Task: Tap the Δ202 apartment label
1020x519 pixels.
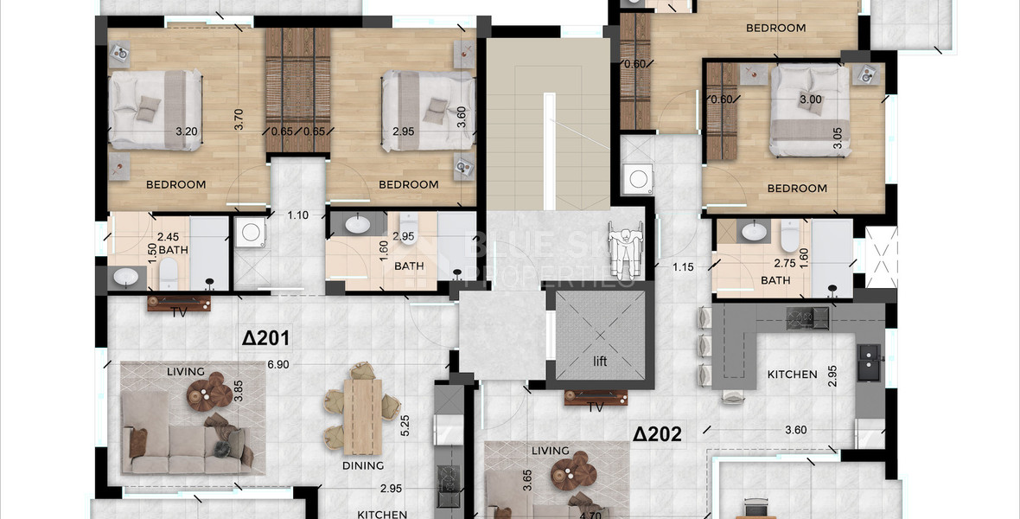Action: [657, 433]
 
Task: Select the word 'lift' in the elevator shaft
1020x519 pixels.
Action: [600, 361]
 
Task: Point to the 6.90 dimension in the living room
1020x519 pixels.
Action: [277, 365]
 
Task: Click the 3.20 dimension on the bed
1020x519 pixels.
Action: [186, 132]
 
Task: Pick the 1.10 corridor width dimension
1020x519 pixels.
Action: [297, 215]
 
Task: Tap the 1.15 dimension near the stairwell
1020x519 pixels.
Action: [684, 267]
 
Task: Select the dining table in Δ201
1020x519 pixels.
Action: [361, 417]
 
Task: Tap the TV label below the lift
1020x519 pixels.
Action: [595, 407]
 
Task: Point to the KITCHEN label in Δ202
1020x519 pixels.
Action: [792, 375]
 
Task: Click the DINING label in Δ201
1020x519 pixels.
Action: [362, 465]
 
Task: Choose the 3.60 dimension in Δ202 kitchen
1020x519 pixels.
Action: [795, 430]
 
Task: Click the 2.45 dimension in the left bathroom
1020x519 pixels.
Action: [168, 235]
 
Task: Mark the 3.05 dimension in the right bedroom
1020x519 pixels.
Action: [837, 139]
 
